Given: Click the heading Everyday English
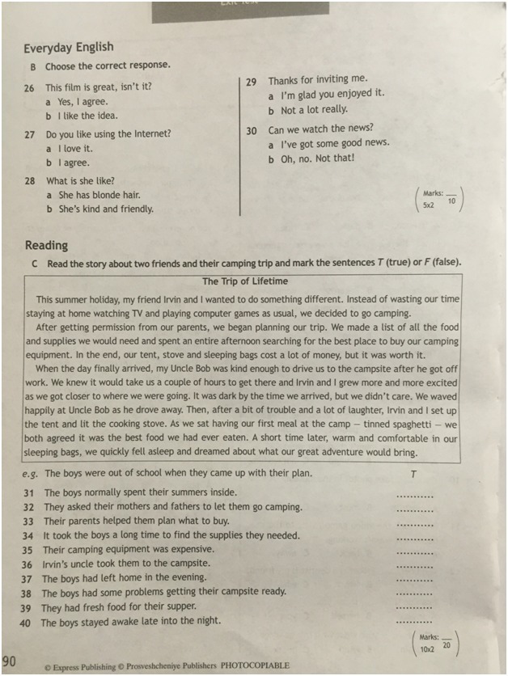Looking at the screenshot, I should point(69,48).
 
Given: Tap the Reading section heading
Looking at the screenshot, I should point(46,245).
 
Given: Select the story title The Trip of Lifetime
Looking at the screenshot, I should point(244,281).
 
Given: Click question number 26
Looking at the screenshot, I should point(29,87).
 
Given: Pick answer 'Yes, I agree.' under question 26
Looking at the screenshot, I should point(82,102).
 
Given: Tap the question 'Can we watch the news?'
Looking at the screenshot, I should point(320,129).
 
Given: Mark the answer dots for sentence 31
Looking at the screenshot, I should point(415,495).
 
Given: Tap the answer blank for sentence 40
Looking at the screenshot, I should point(415,623).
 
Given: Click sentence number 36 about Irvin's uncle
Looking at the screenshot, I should point(27,564).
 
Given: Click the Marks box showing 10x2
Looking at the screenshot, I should point(438,644).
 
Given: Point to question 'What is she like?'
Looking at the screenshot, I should point(80,180).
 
